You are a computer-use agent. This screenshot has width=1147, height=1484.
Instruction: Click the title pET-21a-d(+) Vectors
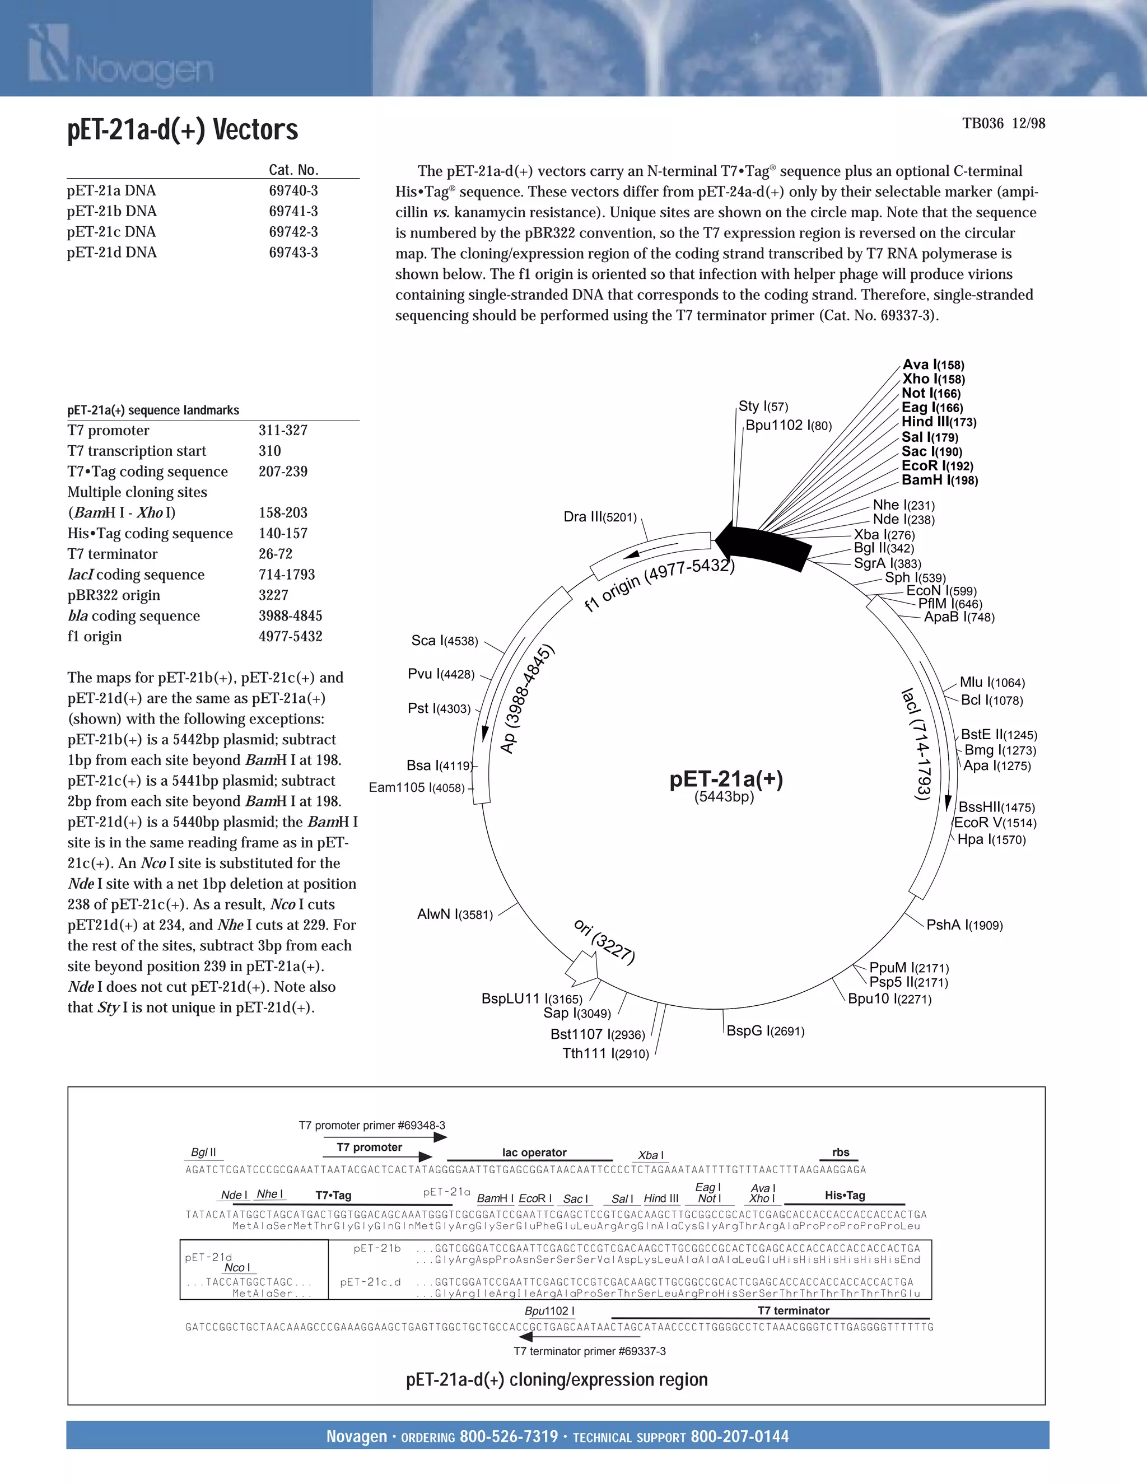click(182, 130)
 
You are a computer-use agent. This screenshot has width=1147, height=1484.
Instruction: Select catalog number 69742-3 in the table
click(293, 232)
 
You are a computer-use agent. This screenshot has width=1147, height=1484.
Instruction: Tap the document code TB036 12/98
click(1003, 124)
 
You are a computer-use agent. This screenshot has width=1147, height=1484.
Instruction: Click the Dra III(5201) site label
click(600, 517)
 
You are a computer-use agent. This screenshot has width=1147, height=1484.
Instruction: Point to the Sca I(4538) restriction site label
click(444, 641)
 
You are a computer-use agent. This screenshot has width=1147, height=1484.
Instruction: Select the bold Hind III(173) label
click(939, 422)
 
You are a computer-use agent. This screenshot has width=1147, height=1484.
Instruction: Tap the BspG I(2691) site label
click(765, 1031)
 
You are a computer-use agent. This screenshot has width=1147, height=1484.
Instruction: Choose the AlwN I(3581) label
click(455, 914)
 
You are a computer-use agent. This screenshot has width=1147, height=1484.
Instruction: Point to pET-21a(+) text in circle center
click(726, 779)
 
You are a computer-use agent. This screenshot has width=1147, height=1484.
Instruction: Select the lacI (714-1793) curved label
click(917, 744)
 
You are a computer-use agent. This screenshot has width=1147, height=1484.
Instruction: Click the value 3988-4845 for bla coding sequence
click(290, 615)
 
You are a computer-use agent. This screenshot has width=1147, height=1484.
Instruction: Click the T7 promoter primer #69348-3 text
click(372, 1125)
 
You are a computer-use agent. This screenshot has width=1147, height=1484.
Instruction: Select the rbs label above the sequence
click(841, 1152)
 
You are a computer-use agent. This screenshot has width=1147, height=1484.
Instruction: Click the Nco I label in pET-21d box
click(237, 1267)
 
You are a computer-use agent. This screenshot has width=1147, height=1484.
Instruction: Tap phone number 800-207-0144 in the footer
click(739, 1436)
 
